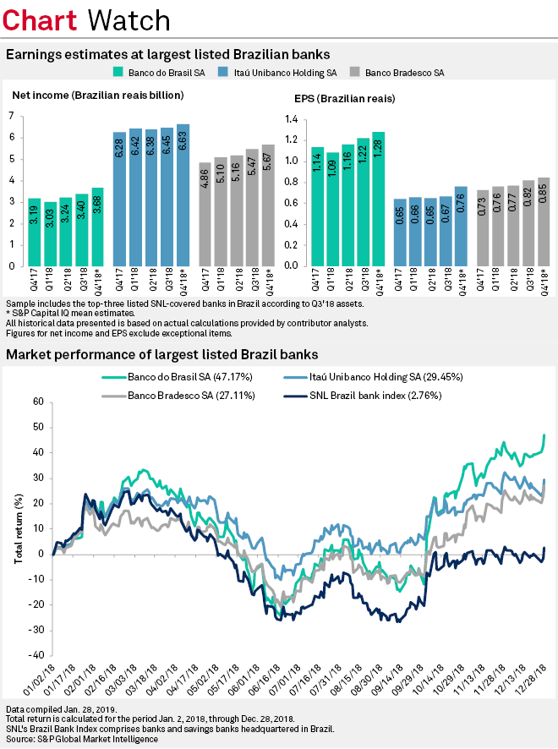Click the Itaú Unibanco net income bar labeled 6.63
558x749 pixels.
(x=183, y=195)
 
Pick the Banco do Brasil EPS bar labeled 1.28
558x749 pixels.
(x=378, y=199)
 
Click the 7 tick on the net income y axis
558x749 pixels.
(x=11, y=116)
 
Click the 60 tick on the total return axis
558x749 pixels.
(x=37, y=402)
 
